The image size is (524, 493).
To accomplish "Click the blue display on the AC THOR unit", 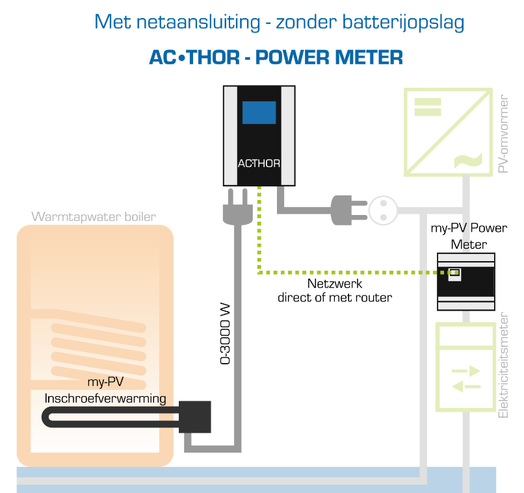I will [x=259, y=112].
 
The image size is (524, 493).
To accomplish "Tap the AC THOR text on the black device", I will [x=259, y=164].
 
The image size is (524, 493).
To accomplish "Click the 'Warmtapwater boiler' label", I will [x=94, y=216].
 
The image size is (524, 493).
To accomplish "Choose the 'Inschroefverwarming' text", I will [x=105, y=398].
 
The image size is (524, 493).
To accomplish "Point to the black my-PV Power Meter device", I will [x=465, y=281].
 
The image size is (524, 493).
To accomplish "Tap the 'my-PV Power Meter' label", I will [x=469, y=236].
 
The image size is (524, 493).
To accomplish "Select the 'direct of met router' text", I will [x=335, y=297].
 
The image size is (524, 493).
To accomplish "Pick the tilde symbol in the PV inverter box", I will [x=469, y=158].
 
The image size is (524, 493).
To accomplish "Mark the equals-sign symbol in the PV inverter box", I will [x=428, y=105].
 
